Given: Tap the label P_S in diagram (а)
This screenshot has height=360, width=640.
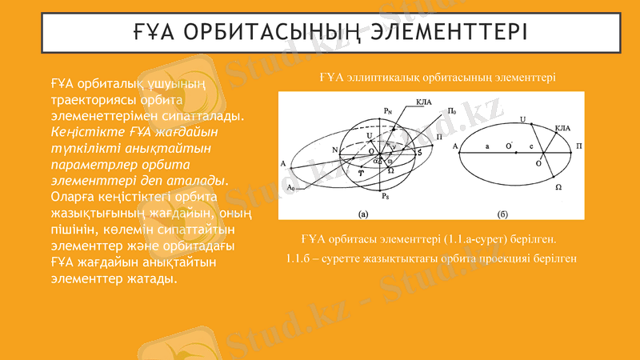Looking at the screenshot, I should click(x=386, y=197).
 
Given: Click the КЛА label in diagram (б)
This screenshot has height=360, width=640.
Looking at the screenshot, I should click(x=562, y=127).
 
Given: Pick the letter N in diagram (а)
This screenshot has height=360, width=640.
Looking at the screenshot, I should click(x=334, y=150).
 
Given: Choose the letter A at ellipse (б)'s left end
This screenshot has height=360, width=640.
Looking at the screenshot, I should click(x=454, y=147).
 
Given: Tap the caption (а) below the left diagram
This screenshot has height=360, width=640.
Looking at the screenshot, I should click(x=362, y=214).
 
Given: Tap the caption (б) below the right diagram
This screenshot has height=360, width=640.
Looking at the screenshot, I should click(x=502, y=214).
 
